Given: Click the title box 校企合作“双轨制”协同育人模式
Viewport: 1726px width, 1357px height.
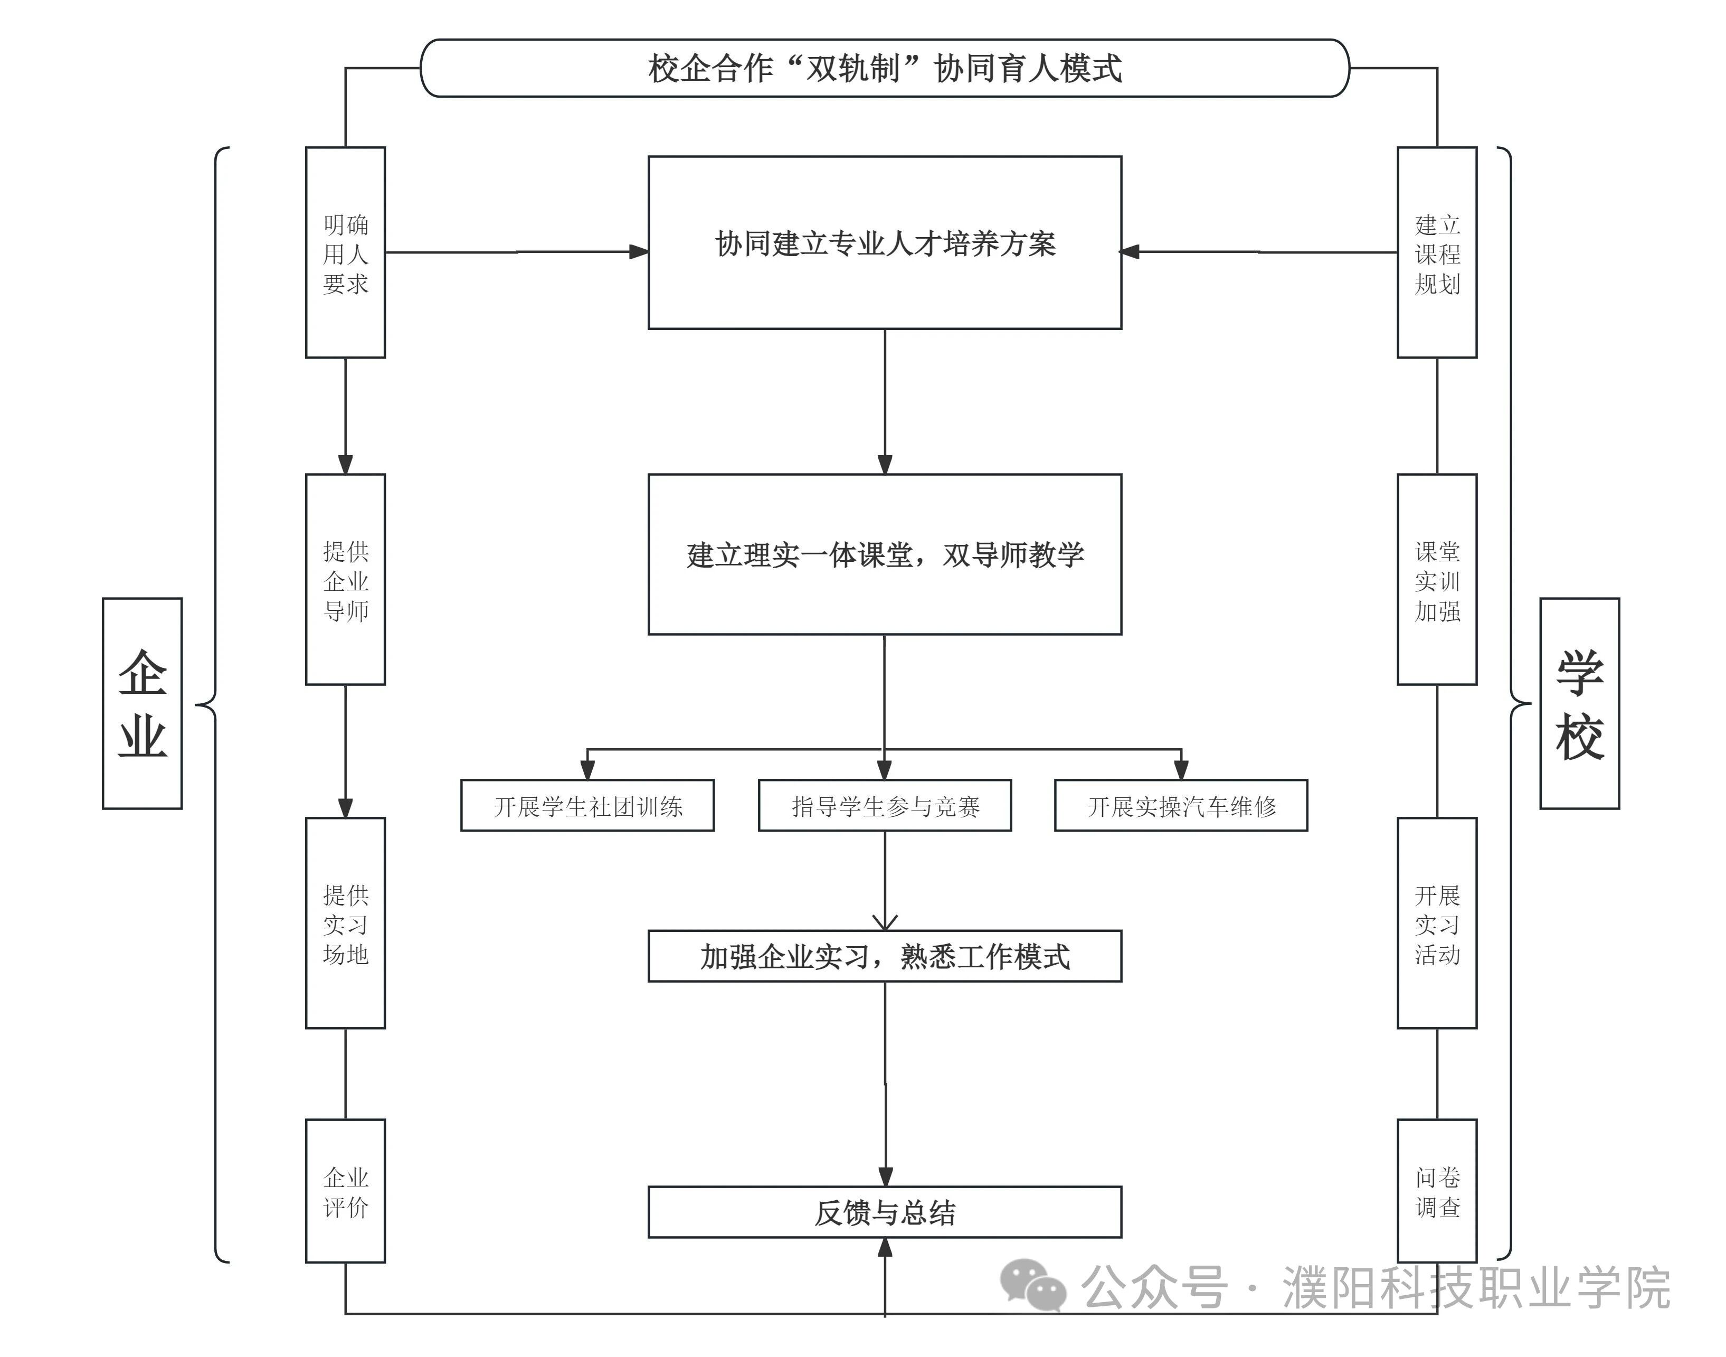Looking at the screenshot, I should point(884,68).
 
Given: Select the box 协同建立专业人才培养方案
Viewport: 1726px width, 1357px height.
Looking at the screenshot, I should point(884,242).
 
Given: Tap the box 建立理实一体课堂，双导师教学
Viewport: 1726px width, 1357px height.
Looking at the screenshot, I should point(884,554).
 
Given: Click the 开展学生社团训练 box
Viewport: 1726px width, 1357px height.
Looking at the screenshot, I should point(587,806).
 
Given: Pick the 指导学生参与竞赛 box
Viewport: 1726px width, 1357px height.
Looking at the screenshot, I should point(884,806).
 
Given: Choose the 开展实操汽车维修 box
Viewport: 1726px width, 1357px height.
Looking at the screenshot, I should point(1180,806).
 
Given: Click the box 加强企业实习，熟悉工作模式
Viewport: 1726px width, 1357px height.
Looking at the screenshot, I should point(884,956).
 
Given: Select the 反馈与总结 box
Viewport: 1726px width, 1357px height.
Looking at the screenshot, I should point(884,1212).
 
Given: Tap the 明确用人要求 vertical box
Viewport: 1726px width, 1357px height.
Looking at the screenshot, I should point(346,252).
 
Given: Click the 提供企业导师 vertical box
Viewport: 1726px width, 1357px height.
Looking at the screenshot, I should point(346,579).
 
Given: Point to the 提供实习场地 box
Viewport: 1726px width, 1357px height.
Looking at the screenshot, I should point(346,922).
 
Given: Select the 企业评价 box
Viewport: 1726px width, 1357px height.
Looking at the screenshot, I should point(346,1190).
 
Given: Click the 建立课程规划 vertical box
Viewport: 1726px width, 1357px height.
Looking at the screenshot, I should point(1436,252).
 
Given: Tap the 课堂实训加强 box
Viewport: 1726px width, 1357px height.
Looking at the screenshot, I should point(1436,579).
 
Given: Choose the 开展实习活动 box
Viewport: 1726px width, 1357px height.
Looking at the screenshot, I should point(1436,922).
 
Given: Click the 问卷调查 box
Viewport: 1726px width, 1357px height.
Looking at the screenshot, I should point(1436,1190).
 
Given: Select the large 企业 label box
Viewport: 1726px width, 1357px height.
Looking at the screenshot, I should point(142,703).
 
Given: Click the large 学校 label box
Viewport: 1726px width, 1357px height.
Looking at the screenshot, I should point(1579,703).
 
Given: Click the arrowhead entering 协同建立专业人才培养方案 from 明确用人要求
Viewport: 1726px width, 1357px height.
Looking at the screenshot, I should point(639,252).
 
